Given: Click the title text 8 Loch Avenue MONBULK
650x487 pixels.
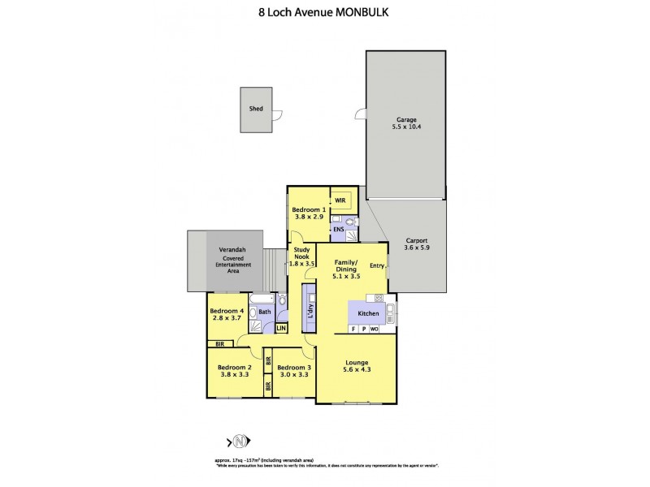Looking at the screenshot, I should (325, 13).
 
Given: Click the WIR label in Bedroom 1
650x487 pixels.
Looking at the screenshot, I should (340, 200).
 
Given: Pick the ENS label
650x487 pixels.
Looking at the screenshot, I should (339, 230).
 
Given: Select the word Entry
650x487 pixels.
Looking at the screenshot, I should (376, 265).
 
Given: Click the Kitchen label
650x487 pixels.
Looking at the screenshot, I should (370, 312).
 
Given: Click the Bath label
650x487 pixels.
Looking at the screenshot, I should (265, 311).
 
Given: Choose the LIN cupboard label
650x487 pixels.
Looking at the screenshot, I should (281, 329).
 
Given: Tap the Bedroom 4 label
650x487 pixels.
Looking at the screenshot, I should (227, 312).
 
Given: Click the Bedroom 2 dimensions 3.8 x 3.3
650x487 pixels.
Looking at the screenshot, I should (234, 376).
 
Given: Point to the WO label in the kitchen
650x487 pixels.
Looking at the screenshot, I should (375, 329).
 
